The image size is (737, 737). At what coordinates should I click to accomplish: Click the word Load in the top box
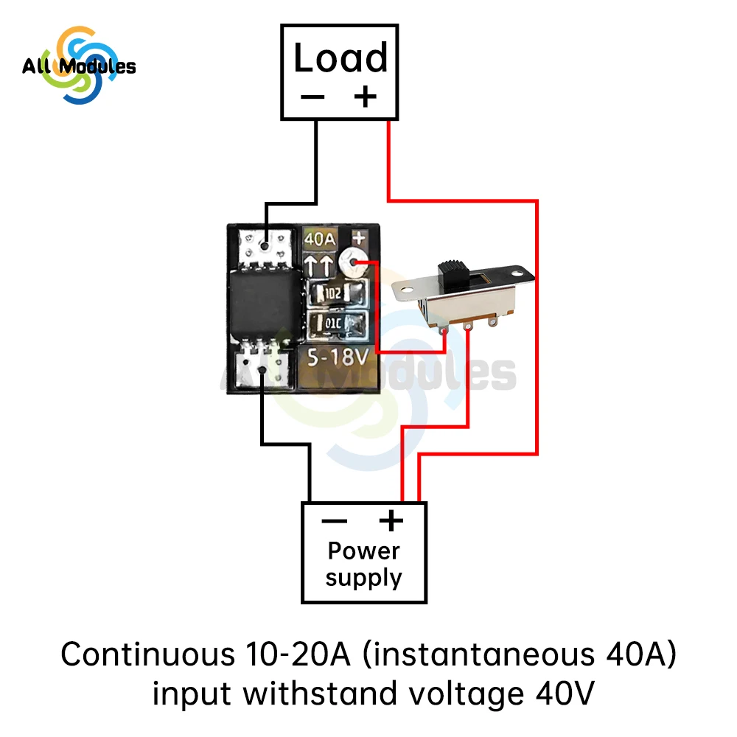pos(340,59)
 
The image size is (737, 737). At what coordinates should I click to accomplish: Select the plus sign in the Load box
pos(365,97)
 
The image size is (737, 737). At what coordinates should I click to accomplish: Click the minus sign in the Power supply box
pos(334,522)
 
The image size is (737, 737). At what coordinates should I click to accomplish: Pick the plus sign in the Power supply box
pos(391,521)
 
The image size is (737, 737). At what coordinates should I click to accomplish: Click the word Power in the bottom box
pos(363,551)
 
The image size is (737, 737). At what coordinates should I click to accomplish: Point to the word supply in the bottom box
pos(363,577)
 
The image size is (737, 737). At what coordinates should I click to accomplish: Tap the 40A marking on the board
pos(321,240)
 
